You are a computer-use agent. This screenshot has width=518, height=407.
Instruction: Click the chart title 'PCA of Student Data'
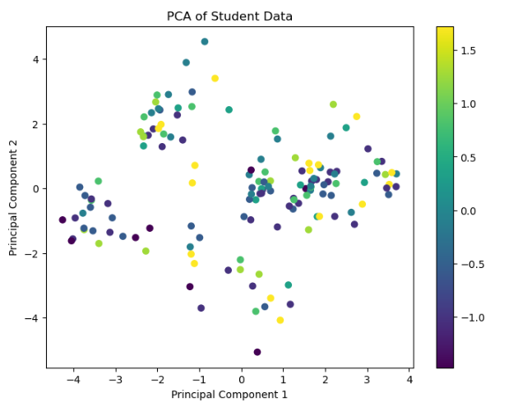229,16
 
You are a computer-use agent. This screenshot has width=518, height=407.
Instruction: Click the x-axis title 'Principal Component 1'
229,395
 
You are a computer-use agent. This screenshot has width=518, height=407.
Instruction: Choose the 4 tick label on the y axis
35,59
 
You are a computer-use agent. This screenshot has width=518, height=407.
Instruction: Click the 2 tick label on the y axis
35,124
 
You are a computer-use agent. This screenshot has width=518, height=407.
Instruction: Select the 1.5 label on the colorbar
469,51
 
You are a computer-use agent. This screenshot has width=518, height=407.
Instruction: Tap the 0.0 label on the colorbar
469,211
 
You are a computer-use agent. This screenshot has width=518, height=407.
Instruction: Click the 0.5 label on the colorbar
469,158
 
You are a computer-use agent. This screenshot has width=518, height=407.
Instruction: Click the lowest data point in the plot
257,352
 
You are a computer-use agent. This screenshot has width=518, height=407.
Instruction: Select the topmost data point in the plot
205,41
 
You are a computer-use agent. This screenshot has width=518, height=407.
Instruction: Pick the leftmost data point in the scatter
62,220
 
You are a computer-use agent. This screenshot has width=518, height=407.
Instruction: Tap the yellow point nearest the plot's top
215,78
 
